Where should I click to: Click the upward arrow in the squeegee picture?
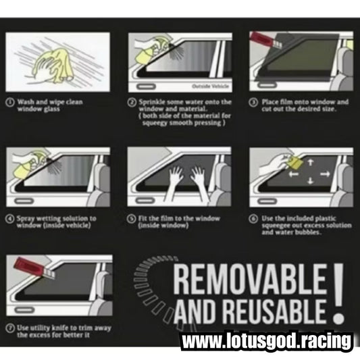click(309, 162)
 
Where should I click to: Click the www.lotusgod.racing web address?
click(267, 341)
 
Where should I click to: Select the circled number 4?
click(11, 218)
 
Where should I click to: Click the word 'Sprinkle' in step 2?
click(152, 102)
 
